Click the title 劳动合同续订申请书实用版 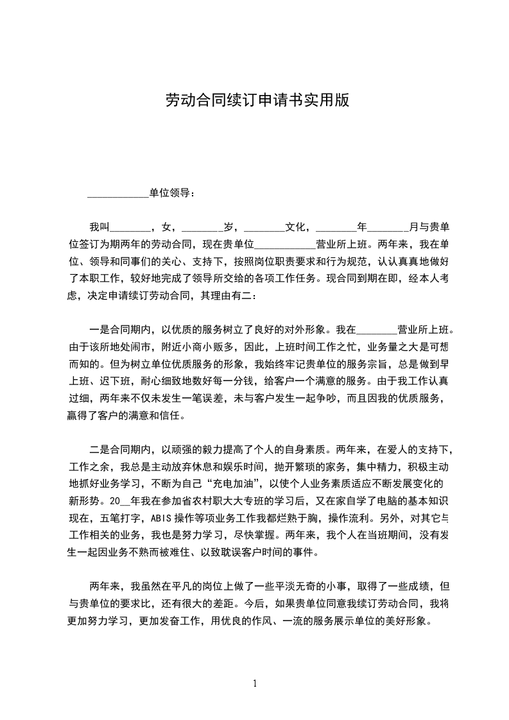pyautogui.click(x=257, y=101)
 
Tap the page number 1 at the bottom pyautogui.click(x=255, y=683)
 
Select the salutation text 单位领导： pyautogui.click(x=170, y=193)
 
